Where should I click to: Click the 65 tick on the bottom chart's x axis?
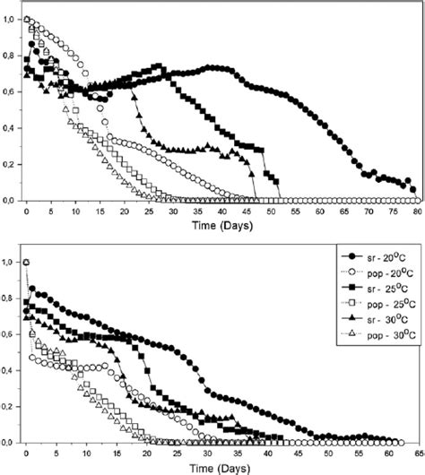[x=417, y=453]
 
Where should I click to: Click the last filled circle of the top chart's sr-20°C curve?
[x=413, y=189]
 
